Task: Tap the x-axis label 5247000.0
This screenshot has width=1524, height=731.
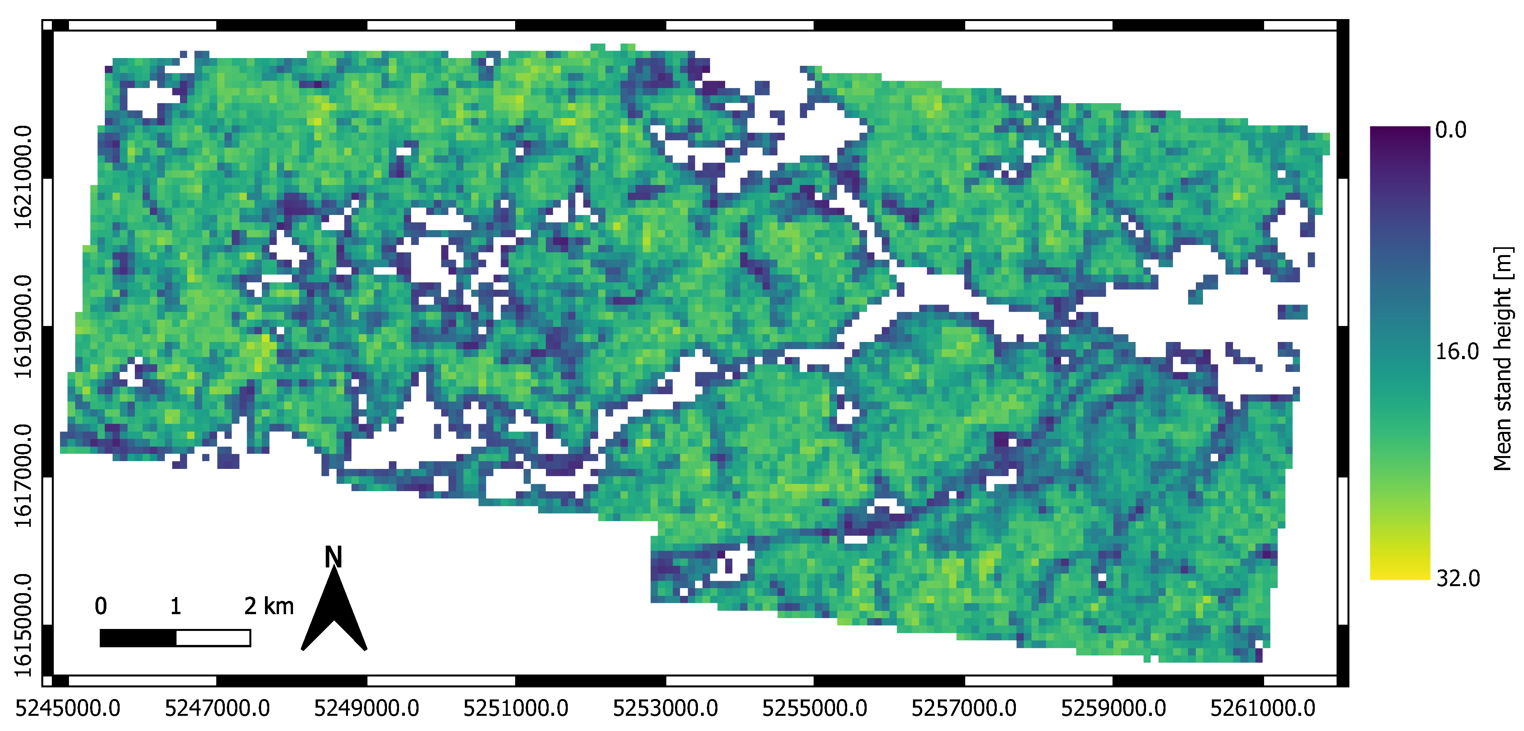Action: click(x=217, y=708)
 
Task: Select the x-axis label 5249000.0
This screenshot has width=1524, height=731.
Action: click(x=366, y=708)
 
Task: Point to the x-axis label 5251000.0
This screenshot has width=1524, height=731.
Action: click(x=516, y=708)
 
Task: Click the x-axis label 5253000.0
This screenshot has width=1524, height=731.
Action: click(x=665, y=708)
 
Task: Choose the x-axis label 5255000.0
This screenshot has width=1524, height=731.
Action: click(x=815, y=708)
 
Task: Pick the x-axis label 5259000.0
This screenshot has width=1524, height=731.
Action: click(x=1113, y=708)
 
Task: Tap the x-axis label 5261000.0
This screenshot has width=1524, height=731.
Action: click(x=1263, y=708)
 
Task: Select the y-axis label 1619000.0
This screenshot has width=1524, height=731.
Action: click(x=23, y=326)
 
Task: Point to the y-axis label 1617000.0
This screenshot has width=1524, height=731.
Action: click(x=23, y=476)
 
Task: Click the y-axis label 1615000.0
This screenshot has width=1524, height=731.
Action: click(x=23, y=625)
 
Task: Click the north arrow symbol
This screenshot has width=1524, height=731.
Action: click(x=334, y=612)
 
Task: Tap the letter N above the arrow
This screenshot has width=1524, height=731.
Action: click(x=334, y=557)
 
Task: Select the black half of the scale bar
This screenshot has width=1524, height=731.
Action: click(x=138, y=638)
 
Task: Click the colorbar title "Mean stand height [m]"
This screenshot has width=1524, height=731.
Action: click(x=1503, y=358)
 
